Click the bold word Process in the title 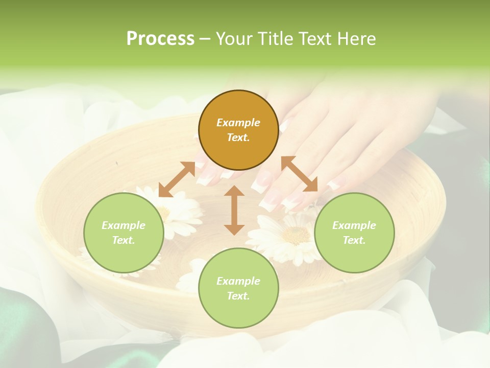(x=160, y=39)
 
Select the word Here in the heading (x=356, y=39)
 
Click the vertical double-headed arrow (x=234, y=210)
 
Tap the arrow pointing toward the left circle (x=177, y=179)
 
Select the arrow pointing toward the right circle (x=300, y=174)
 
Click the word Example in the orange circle (x=238, y=123)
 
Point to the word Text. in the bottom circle (x=238, y=296)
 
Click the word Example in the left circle (x=124, y=225)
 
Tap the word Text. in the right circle (x=354, y=240)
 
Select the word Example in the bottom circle (x=238, y=281)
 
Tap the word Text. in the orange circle (x=238, y=137)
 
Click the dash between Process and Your (x=205, y=39)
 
